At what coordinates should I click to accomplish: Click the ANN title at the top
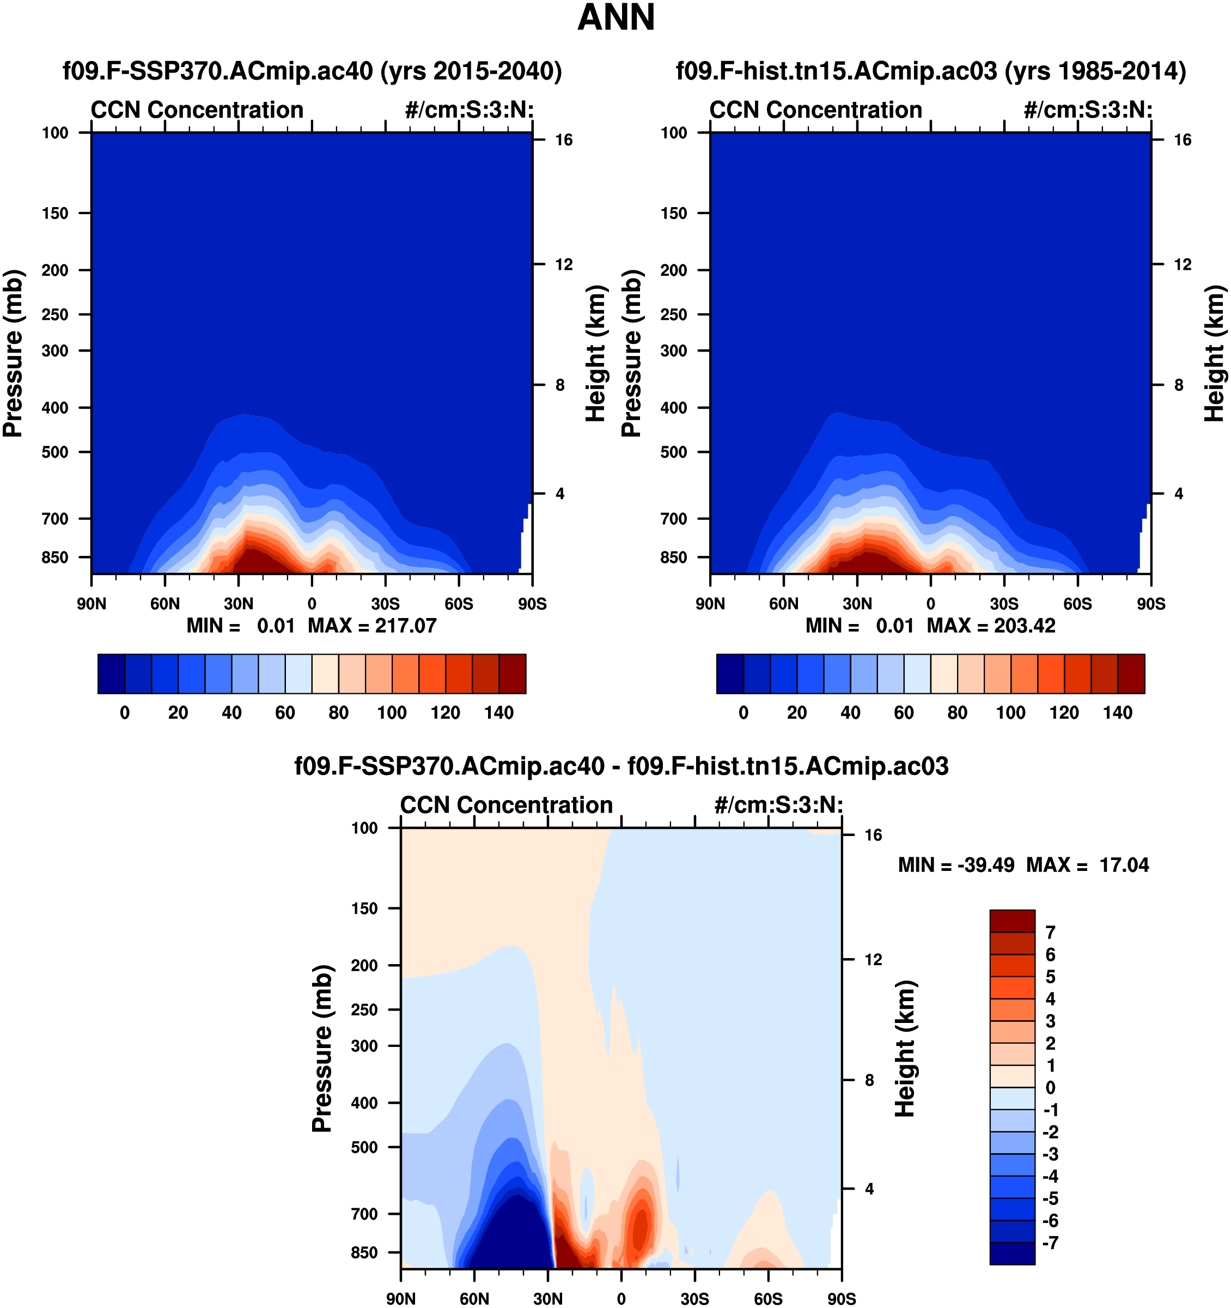[x=616, y=18]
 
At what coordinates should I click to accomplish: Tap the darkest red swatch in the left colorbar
[x=512, y=674]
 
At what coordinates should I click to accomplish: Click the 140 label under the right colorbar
[x=1117, y=712]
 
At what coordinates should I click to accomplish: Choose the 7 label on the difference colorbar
[x=1050, y=932]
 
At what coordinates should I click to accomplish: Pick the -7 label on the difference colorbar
[x=1050, y=1242]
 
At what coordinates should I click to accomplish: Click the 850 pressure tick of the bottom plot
[x=365, y=1252]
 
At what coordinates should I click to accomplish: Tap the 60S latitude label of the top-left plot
[x=458, y=604]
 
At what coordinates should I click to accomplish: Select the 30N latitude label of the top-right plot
[x=857, y=604]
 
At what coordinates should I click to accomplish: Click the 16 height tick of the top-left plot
[x=564, y=140]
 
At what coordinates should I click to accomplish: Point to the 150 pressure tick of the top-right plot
[x=673, y=213]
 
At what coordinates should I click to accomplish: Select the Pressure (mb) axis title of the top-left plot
[x=13, y=353]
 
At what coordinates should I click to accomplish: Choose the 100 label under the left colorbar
[x=392, y=712]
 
